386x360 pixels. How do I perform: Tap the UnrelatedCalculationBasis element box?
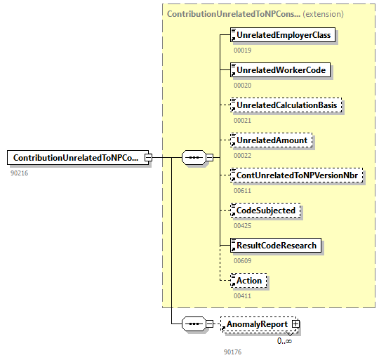click(288, 105)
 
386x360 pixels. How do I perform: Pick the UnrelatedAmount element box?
click(272, 140)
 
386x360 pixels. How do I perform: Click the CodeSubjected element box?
click(266, 211)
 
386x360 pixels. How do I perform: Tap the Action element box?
click(249, 281)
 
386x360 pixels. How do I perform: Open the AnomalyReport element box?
click(257, 324)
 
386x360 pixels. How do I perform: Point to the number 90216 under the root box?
click(19, 173)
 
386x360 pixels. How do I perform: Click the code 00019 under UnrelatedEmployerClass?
click(242, 50)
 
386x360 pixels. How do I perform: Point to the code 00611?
click(242, 190)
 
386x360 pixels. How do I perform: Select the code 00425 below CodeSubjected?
click(242, 225)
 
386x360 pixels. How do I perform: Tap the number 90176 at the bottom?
click(232, 352)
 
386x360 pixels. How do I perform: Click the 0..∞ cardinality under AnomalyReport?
click(284, 340)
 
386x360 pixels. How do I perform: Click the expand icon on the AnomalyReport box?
click(295, 324)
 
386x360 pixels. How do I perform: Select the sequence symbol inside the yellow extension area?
click(193, 158)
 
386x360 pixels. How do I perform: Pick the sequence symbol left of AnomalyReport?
click(193, 324)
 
